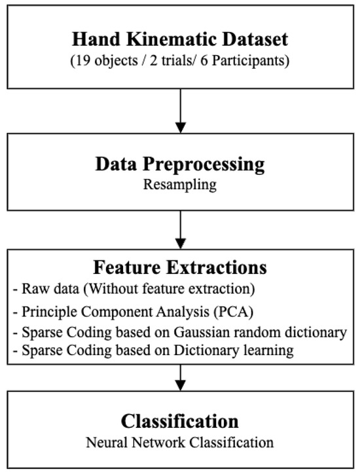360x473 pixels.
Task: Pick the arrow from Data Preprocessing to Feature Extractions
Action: pyautogui.click(x=179, y=232)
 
